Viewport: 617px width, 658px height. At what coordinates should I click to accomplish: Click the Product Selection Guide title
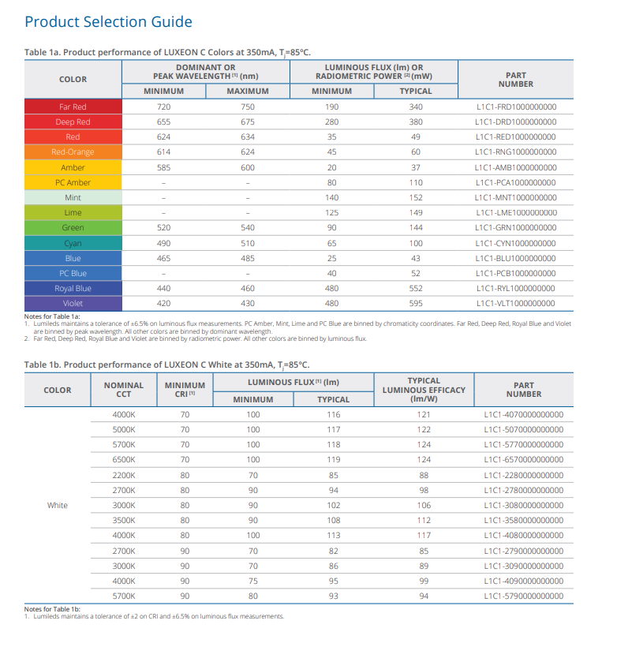[108, 22]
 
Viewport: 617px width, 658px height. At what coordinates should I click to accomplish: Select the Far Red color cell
[73, 107]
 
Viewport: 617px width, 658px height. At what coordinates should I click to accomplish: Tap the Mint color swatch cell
[73, 198]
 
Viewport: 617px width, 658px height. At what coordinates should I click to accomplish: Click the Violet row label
[73, 304]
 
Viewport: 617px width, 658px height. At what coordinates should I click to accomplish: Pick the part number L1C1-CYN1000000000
[515, 243]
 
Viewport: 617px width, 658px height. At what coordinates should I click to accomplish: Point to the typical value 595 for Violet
[416, 304]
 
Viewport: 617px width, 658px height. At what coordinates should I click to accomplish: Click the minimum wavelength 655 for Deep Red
[163, 122]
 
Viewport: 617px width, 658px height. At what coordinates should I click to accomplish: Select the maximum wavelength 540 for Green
[248, 228]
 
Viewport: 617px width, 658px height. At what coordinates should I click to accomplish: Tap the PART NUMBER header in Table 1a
[516, 80]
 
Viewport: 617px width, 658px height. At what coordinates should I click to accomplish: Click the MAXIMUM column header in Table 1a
[248, 91]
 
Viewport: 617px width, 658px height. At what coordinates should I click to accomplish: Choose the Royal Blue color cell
[73, 288]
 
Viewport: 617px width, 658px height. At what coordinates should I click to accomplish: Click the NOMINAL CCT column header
[124, 390]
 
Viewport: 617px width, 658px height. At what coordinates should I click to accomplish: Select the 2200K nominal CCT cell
[124, 475]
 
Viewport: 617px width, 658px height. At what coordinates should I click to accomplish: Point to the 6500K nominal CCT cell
[124, 459]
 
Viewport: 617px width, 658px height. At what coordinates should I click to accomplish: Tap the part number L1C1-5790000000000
[523, 596]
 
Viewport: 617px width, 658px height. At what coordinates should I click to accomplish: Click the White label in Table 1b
[58, 505]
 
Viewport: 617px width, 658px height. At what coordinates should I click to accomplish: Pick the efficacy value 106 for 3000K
[424, 505]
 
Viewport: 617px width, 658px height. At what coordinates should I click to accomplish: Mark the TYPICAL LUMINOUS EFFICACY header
[424, 390]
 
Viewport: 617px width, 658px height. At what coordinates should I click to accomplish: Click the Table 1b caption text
[167, 365]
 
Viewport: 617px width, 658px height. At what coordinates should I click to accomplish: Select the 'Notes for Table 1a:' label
[52, 316]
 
